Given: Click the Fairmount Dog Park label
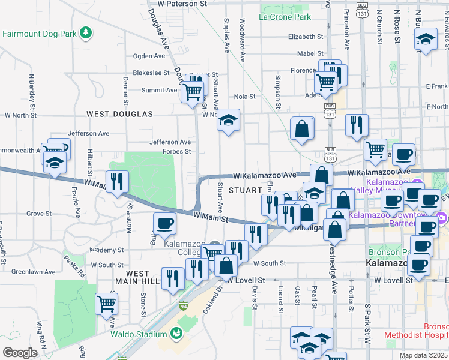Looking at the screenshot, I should point(40,34).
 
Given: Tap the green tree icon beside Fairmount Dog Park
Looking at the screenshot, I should point(86,32).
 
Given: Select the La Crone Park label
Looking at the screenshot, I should point(285,17).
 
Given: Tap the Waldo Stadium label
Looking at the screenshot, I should point(139,334).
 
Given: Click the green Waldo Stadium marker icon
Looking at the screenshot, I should point(176,333).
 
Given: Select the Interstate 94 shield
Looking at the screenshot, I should point(182,306).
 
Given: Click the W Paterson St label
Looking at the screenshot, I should point(182,4).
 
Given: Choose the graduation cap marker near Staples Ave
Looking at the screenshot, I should point(228,121).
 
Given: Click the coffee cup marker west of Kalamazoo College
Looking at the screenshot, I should point(164,223).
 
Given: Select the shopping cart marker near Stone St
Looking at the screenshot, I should point(106,303).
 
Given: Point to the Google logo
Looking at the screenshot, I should point(19,353).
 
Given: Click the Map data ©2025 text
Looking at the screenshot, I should point(423,355).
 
